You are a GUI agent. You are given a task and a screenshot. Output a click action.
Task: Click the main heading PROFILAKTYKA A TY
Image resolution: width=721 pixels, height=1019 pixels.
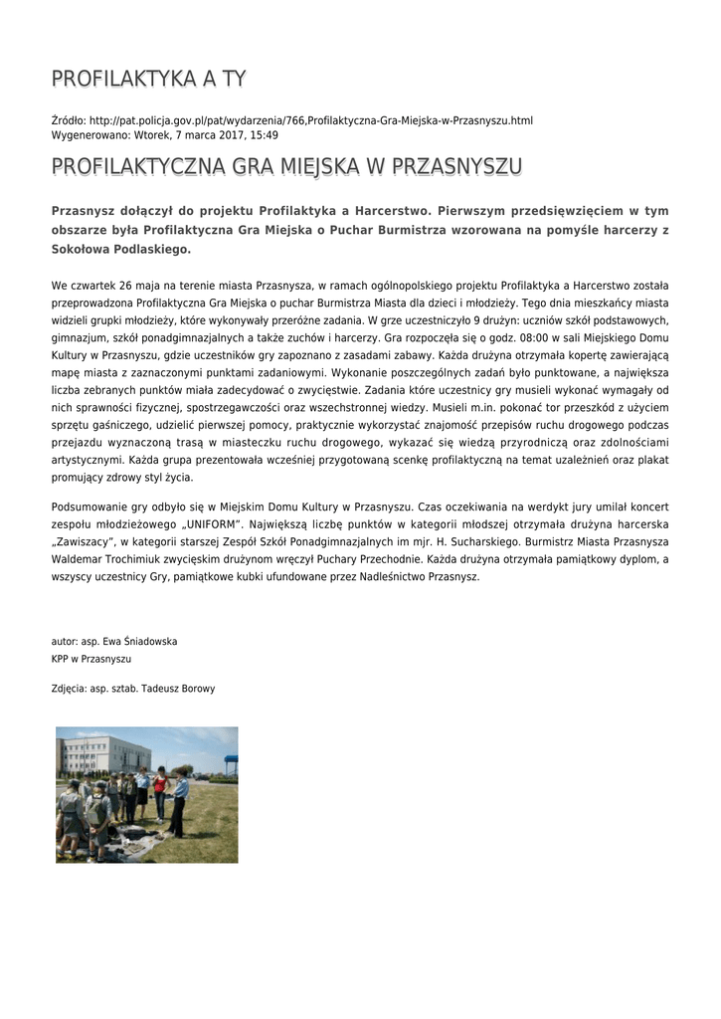(149, 79)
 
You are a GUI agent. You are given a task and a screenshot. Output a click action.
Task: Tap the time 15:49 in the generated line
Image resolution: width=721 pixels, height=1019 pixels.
(265, 134)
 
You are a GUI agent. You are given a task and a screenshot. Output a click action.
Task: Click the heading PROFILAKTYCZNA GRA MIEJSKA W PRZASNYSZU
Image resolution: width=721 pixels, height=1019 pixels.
(286, 165)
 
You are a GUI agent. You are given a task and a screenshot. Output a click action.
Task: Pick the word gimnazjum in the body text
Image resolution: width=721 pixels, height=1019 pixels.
(77, 337)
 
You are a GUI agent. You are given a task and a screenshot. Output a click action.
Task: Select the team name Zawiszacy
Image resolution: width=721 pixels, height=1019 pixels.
(88, 540)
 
